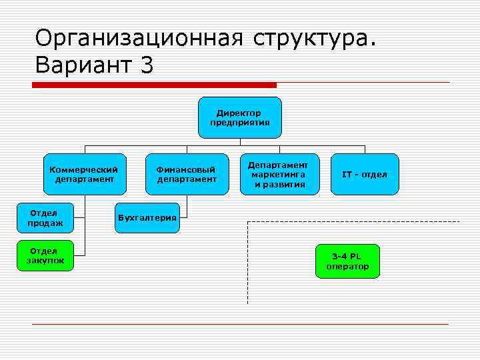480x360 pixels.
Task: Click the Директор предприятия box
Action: pyautogui.click(x=239, y=117)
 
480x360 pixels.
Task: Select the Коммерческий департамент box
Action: pyautogui.click(x=84, y=174)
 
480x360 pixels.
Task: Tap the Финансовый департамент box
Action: pyautogui.click(x=186, y=174)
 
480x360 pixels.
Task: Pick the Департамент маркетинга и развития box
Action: pyautogui.click(x=279, y=174)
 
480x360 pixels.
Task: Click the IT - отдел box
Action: pyautogui.click(x=364, y=174)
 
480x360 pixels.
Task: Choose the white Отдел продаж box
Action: pyautogui.click(x=45, y=218)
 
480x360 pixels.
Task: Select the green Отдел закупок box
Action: pyautogui.click(x=45, y=255)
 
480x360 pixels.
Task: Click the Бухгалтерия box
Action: pyautogui.click(x=147, y=218)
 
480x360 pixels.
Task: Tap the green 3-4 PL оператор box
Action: pyautogui.click(x=347, y=261)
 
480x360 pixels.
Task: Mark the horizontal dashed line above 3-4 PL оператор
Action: pyautogui.click(x=353, y=221)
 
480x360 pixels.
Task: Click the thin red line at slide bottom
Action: pyautogui.click(x=240, y=324)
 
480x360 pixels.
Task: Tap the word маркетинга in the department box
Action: pyautogui.click(x=279, y=174)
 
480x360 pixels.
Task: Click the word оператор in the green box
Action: pyautogui.click(x=347, y=267)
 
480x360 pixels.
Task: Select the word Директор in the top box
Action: pyautogui.click(x=239, y=113)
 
